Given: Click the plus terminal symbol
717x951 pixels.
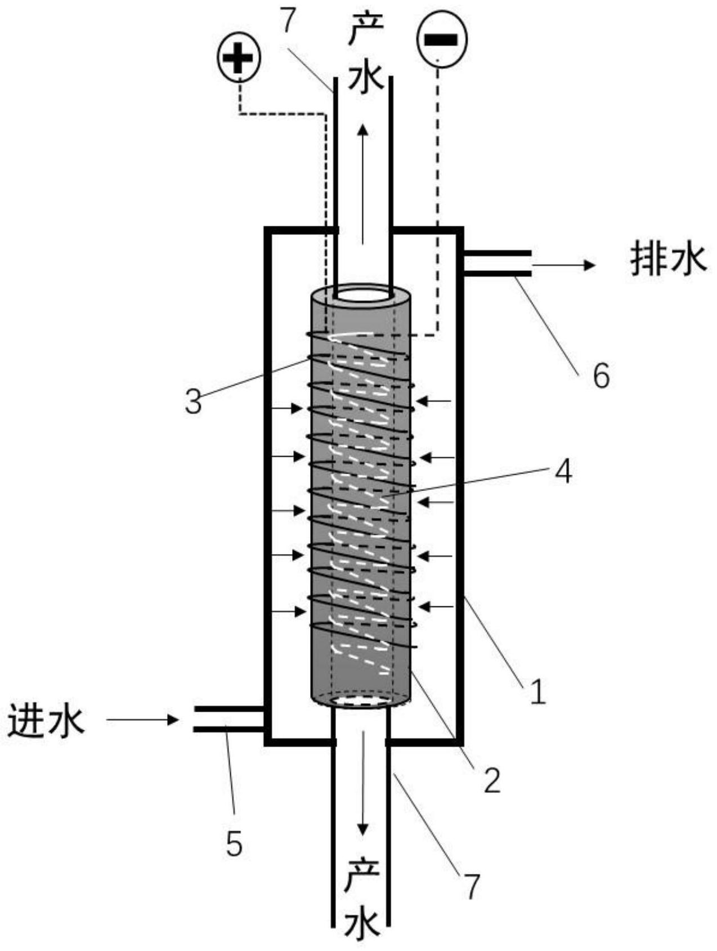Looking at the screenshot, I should click(x=239, y=58).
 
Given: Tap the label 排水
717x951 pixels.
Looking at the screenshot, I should click(x=668, y=260).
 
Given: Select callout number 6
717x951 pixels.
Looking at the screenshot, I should click(x=601, y=375).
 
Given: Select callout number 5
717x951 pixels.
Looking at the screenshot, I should click(x=234, y=843).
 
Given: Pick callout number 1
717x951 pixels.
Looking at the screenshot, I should click(x=538, y=691).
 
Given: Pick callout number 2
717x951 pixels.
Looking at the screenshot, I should click(x=492, y=780).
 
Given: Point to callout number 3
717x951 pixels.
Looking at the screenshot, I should click(x=193, y=402).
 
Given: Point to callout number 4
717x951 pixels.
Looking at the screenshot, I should click(x=563, y=471).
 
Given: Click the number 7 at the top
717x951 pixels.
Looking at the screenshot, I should click(x=287, y=23).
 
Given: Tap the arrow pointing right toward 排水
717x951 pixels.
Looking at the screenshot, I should click(x=563, y=265).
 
